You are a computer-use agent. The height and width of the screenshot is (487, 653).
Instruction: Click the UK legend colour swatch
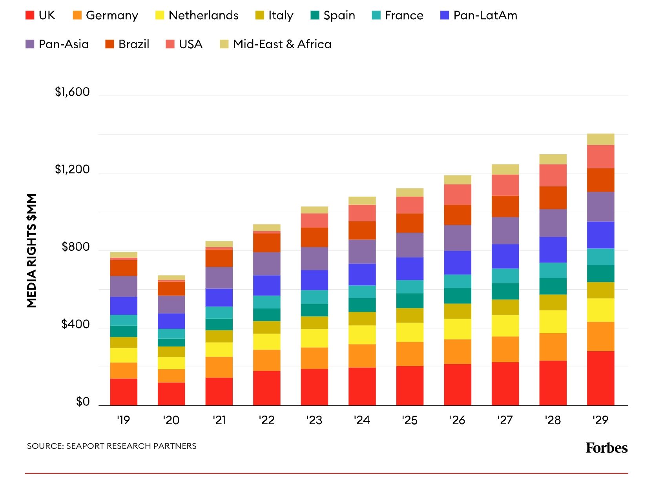30,15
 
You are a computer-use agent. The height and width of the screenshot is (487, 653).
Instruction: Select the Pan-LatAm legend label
485,15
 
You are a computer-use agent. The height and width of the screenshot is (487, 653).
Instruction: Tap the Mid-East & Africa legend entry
282,44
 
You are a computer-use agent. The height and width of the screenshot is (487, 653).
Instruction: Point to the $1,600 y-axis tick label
72,92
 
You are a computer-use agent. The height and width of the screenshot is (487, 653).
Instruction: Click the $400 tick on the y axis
75,324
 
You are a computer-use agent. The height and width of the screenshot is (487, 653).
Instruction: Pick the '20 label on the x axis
171,420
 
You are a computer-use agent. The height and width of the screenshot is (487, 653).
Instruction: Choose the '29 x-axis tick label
600,420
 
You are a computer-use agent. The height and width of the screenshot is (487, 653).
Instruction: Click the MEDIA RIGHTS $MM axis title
32,250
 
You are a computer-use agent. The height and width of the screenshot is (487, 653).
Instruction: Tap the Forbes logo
606,448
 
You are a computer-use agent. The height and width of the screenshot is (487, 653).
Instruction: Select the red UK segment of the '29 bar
600,378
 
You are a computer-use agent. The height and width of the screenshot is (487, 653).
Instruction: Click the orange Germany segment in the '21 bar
219,367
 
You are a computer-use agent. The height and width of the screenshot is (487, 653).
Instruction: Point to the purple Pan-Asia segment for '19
124,286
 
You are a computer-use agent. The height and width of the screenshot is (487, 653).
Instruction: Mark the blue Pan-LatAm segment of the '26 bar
457,263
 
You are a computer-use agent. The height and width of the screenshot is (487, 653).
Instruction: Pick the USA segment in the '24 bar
362,213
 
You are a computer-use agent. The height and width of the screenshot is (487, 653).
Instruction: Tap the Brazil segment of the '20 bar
171,288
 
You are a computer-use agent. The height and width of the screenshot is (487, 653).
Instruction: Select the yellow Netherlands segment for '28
553,322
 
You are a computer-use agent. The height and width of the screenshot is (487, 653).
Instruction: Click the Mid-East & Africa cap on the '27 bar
505,169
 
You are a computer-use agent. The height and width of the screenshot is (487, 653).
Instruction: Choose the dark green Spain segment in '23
314,310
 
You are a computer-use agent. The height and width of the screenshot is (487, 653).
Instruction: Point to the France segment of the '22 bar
266,302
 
